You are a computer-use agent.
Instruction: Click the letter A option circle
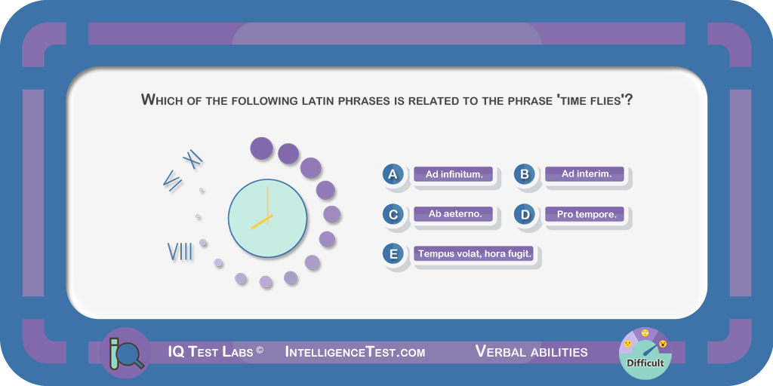[x=393, y=174]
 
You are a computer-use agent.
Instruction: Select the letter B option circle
[x=524, y=174]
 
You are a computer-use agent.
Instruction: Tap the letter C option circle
[x=393, y=215]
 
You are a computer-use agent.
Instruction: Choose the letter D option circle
[x=524, y=215]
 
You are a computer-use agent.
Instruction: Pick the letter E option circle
[x=393, y=254]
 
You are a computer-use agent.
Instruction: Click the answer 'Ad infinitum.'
[x=454, y=174]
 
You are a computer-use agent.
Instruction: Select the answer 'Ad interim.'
[x=585, y=174]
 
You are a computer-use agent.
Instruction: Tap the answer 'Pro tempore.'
[x=585, y=215]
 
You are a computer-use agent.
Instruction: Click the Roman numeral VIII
[x=180, y=252]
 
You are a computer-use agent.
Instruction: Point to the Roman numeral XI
[x=192, y=159]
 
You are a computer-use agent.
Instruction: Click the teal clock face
[x=268, y=218]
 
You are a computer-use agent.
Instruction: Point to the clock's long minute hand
[x=268, y=205]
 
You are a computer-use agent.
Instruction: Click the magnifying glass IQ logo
[x=125, y=353]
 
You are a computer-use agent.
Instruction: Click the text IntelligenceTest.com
[x=355, y=352]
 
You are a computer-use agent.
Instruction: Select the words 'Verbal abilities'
[x=531, y=351]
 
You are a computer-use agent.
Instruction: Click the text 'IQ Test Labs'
[x=211, y=352]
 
